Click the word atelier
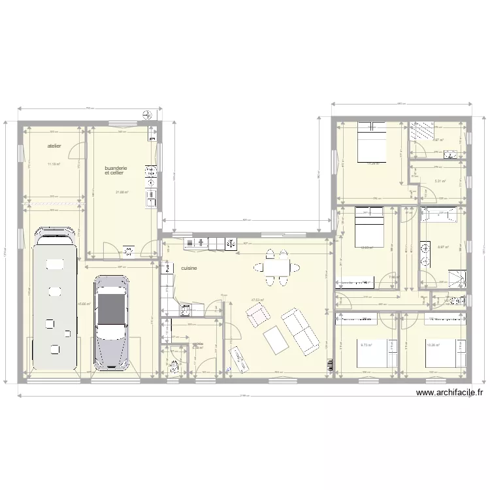click(x=54, y=146)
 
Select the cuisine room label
click(x=189, y=269)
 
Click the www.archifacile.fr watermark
click(x=449, y=393)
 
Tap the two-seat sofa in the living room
click(x=300, y=329)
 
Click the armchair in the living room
click(x=257, y=316)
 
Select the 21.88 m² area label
click(x=122, y=192)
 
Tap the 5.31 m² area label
click(x=440, y=182)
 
